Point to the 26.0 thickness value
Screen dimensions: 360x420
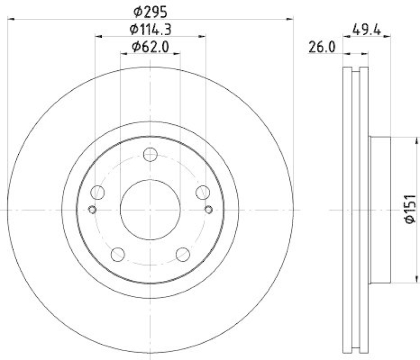(x=321, y=48)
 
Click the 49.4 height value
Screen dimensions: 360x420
(x=366, y=29)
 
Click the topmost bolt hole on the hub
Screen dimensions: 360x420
(x=151, y=155)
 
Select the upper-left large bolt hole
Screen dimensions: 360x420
(x=98, y=193)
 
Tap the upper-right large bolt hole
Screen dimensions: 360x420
(x=203, y=193)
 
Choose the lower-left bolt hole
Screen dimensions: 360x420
(x=119, y=254)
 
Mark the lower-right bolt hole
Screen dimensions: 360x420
(x=183, y=254)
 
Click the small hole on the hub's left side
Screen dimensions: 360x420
(x=92, y=210)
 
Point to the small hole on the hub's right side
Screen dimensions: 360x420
(x=208, y=210)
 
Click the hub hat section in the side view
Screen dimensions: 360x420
(x=380, y=210)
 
